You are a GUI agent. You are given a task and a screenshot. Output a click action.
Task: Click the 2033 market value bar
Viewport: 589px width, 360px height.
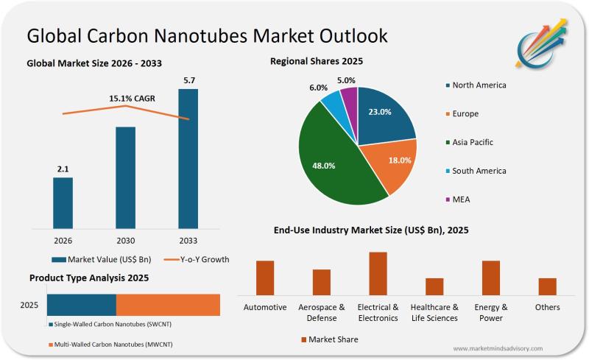[188, 158]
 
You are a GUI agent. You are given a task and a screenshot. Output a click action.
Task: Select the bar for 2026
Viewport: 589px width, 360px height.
[63, 202]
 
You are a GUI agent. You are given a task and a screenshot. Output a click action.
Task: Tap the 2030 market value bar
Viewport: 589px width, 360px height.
[125, 177]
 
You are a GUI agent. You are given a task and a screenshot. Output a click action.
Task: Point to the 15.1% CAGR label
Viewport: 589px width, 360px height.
[132, 98]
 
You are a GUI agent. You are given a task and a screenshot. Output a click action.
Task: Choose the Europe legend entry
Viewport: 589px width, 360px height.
[465, 114]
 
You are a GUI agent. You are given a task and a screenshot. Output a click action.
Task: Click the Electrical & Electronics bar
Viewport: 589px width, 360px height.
[378, 273]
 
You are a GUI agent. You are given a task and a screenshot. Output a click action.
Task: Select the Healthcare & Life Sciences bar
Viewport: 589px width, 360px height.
[434, 286]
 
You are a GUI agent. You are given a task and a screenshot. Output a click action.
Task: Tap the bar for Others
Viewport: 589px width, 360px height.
[547, 286]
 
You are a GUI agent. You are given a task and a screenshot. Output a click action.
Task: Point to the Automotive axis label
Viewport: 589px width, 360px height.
[265, 307]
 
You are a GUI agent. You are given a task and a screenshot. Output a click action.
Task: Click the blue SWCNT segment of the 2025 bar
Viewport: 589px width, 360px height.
[81, 305]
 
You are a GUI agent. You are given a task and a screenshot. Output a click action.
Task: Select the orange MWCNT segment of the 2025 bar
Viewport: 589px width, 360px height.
[168, 305]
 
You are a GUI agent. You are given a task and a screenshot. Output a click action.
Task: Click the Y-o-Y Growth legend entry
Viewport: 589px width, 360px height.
[196, 259]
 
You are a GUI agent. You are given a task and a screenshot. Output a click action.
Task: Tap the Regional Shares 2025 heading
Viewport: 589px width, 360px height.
[317, 61]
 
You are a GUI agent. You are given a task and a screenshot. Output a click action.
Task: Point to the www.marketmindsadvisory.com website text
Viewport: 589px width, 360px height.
[498, 348]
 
